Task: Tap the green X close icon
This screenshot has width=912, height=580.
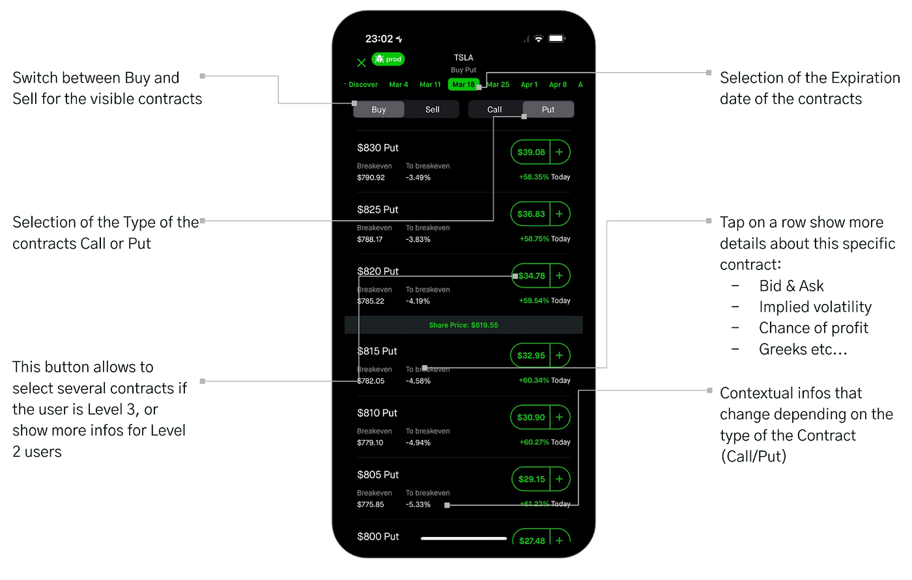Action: coord(361,62)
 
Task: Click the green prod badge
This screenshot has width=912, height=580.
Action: coord(388,59)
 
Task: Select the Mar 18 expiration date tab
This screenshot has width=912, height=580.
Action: coord(463,85)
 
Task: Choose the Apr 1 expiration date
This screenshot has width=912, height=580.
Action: coord(529,85)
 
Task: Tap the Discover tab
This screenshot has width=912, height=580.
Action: coord(363,85)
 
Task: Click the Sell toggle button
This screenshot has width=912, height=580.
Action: coord(432,109)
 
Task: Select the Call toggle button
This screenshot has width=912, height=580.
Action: coord(494,109)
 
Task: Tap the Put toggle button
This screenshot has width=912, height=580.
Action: coord(548,109)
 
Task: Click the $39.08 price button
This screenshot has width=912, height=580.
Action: coord(530,152)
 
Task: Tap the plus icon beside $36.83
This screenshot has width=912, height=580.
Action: coord(560,214)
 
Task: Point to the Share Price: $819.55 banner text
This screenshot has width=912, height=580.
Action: coord(463,325)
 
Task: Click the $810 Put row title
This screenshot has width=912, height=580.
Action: coord(377,413)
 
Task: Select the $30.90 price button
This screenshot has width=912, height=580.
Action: coord(530,417)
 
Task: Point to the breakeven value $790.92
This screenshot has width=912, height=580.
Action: coord(371,177)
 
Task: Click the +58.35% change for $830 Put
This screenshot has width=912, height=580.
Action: coord(534,177)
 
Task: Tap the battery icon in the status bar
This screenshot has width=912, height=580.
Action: coord(557,38)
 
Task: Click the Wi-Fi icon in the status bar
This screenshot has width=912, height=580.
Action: coord(539,38)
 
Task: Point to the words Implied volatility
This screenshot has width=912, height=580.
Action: coord(815,307)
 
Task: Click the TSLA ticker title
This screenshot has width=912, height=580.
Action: coord(463,57)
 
